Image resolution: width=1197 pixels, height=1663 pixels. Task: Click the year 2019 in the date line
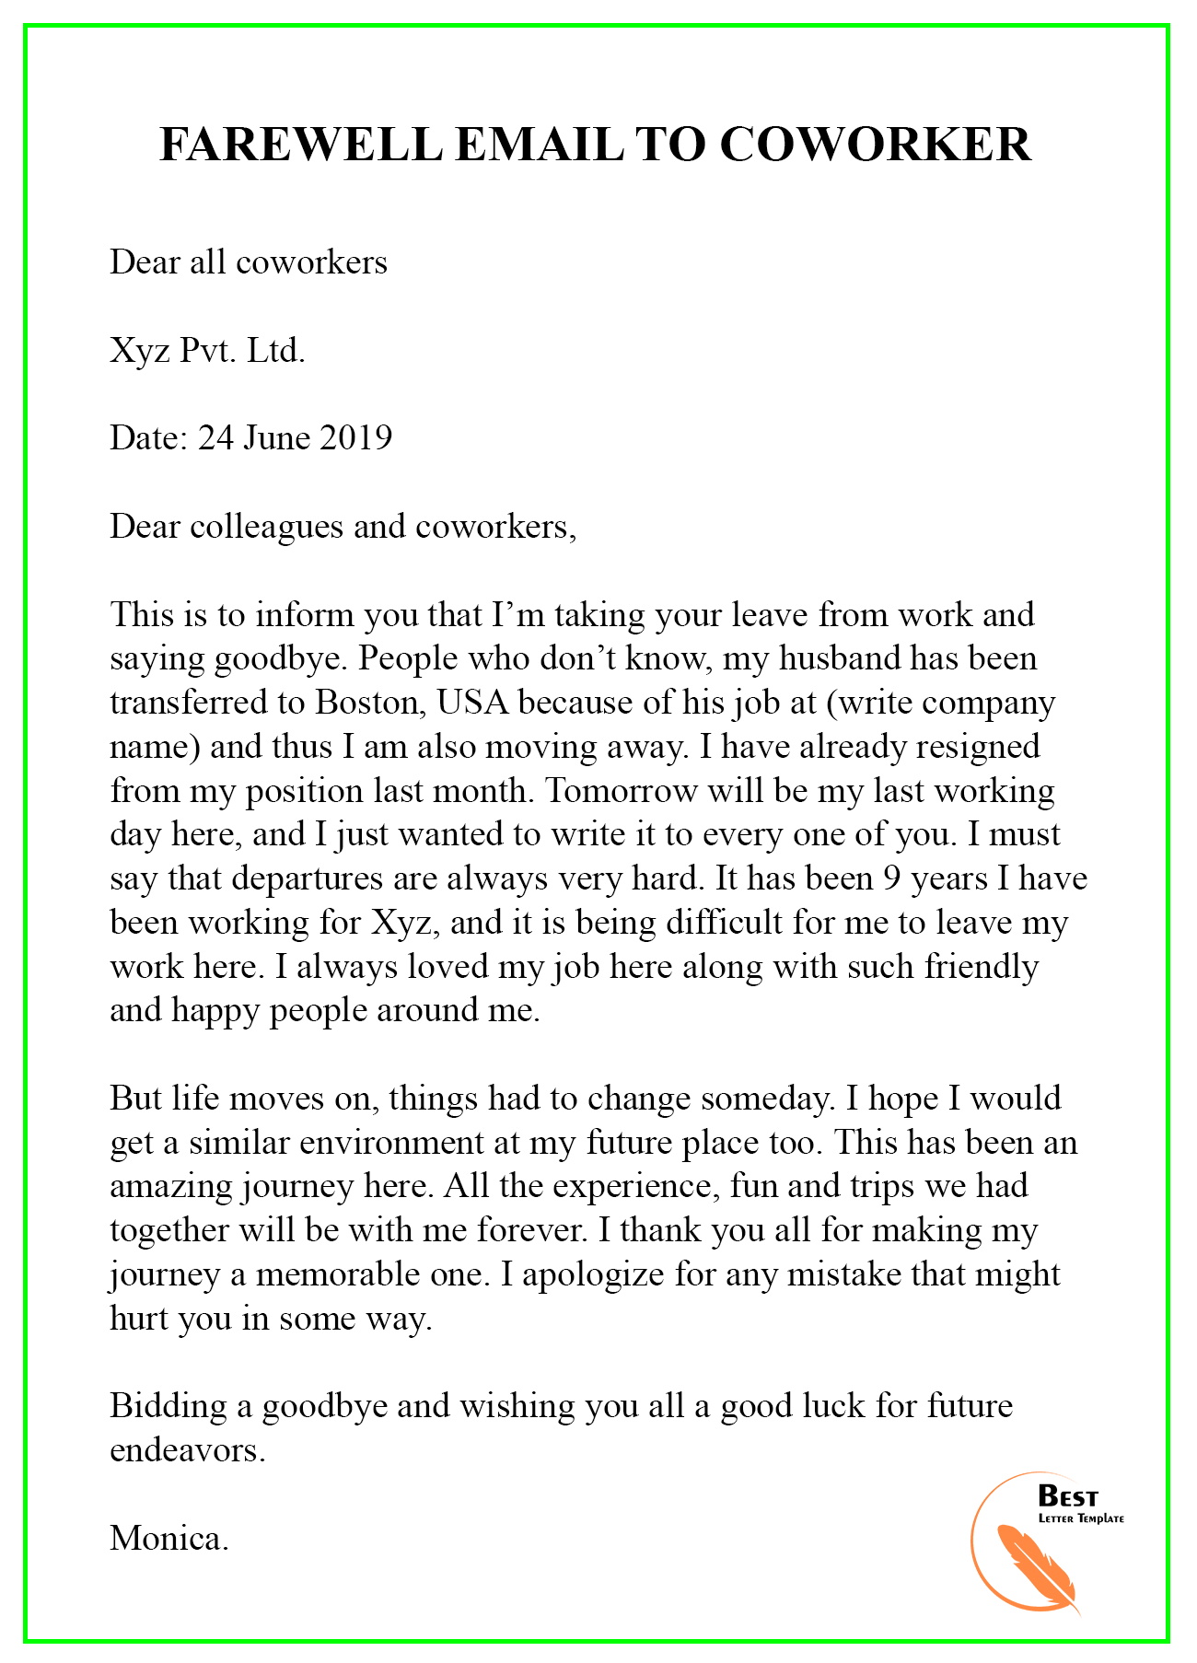(x=355, y=437)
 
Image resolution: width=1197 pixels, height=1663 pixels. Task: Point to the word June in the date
(x=276, y=437)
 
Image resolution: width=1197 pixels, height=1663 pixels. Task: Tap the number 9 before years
(x=890, y=878)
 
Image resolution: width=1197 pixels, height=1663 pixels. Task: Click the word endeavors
(x=187, y=1451)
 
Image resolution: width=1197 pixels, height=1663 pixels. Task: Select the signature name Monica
(x=169, y=1539)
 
